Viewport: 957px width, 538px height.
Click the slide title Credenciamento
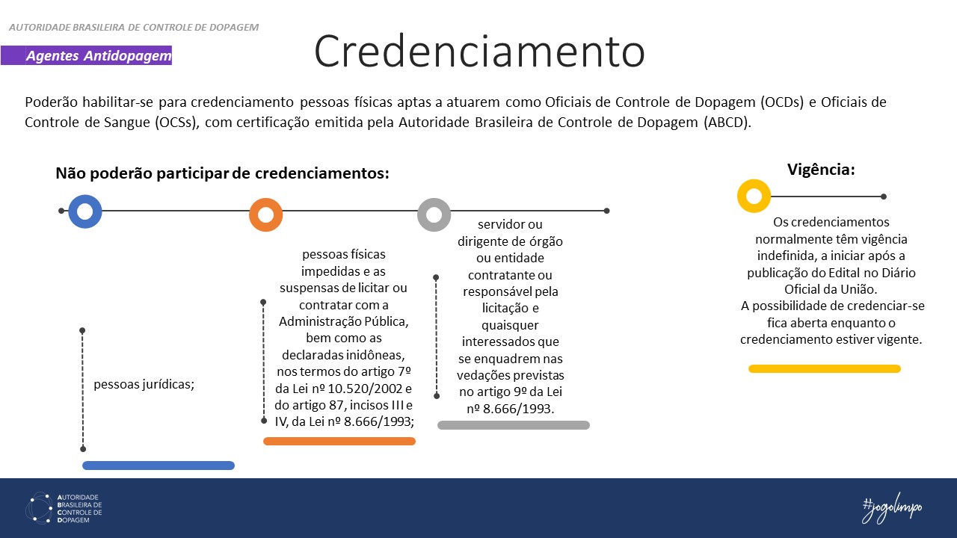click(478, 51)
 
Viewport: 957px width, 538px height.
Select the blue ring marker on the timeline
click(84, 211)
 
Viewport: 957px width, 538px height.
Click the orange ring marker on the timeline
click(265, 215)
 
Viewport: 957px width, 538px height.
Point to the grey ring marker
click(434, 215)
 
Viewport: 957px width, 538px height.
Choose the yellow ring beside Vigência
click(754, 197)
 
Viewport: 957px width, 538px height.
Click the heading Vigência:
click(821, 170)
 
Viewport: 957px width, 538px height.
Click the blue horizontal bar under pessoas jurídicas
click(159, 466)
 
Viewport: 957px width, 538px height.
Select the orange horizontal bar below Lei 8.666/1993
click(339, 441)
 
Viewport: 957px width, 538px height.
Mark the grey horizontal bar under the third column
click(514, 425)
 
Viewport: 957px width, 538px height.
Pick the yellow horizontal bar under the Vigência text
click(825, 368)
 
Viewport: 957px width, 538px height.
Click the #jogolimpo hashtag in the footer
click(892, 508)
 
